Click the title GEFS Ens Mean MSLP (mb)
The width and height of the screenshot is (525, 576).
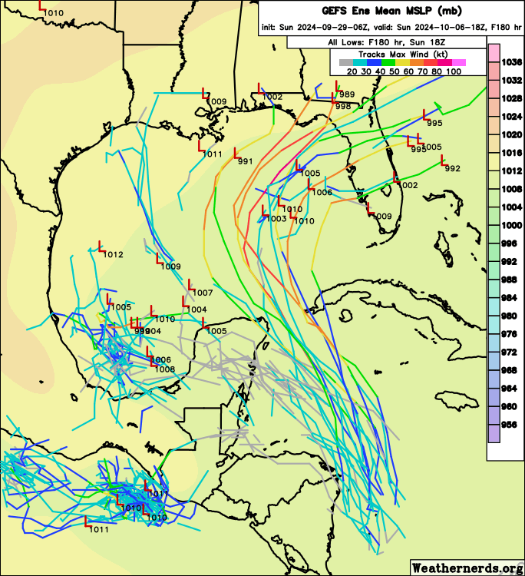(x=371, y=11)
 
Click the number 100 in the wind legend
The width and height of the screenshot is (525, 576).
(x=453, y=71)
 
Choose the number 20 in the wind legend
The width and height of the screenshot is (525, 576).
(x=352, y=71)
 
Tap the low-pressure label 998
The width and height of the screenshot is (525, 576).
(x=343, y=106)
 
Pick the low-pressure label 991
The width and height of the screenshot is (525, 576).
(x=246, y=161)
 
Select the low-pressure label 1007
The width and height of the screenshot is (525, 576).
(x=203, y=293)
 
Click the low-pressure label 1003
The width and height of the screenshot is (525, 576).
(x=276, y=219)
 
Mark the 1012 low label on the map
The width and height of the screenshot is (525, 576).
(x=113, y=254)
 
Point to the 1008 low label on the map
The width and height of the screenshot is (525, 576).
(x=165, y=369)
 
